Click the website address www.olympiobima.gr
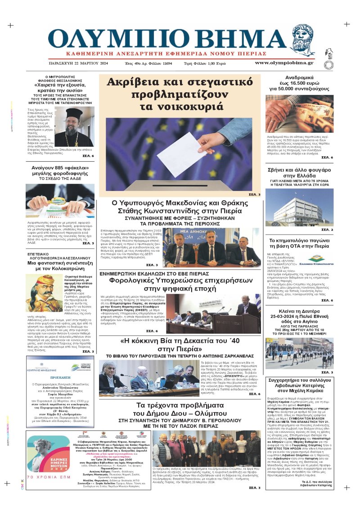(x=284, y=63)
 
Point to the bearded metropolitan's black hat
(x=74, y=113)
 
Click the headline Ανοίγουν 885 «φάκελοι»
(x=60, y=169)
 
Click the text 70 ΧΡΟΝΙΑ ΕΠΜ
(x=48, y=476)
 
